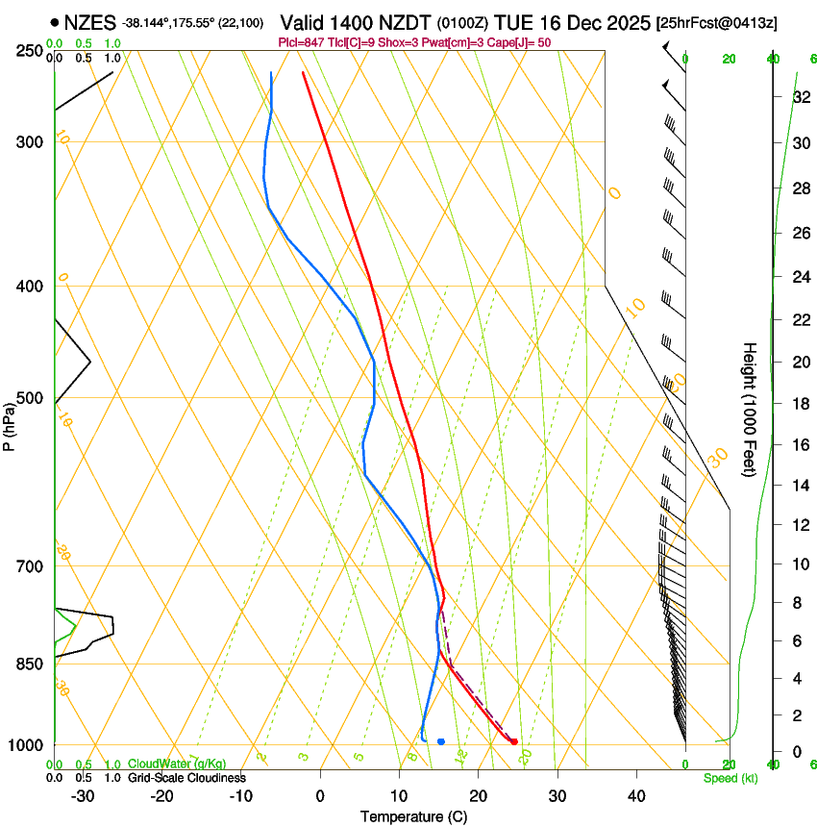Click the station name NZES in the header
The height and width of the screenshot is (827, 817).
pos(91,22)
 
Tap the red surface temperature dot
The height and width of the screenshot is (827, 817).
pos(514,741)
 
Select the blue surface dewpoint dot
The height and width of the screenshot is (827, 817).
pos(441,741)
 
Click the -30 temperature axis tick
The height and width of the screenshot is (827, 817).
pos(82,795)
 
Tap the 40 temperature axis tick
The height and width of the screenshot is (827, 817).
pos(635,795)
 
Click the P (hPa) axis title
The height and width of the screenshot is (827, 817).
pos(10,423)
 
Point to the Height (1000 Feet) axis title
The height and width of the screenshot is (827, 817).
pos(750,409)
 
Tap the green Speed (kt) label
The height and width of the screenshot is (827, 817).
pos(730,778)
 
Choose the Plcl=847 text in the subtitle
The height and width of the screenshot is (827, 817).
pos(299,42)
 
